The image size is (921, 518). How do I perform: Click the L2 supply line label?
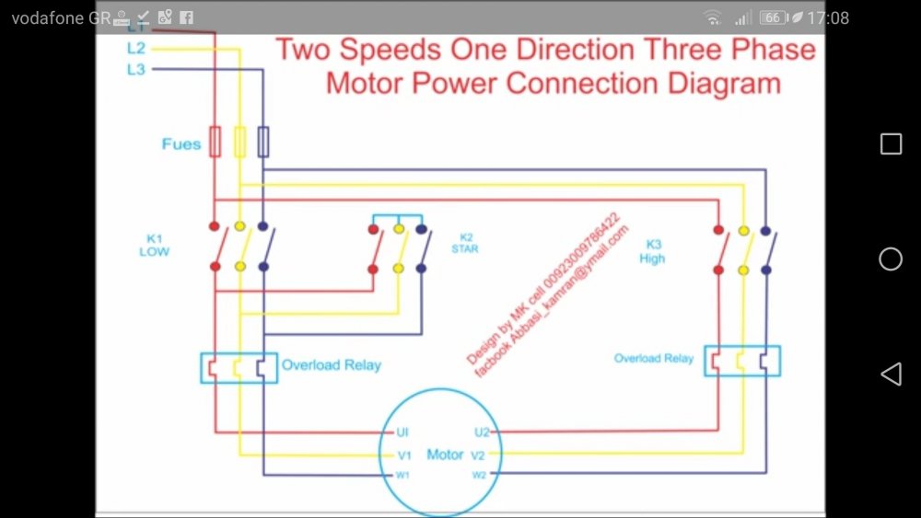point(136,49)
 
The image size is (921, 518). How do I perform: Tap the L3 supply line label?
point(136,69)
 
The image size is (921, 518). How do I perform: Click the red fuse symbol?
point(216,142)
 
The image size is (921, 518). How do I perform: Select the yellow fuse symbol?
point(239,142)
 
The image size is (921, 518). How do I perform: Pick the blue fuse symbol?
point(263,142)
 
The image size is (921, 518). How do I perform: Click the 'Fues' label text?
point(181,144)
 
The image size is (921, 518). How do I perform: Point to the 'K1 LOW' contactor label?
point(154,245)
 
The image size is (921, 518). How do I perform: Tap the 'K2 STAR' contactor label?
point(465,244)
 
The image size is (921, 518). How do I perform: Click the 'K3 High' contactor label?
point(652,251)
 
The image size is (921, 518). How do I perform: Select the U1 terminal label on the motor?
point(402,432)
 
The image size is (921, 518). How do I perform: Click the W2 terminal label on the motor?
point(479,475)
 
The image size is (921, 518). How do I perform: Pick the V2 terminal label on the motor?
point(478,455)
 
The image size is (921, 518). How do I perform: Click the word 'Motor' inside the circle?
point(445,455)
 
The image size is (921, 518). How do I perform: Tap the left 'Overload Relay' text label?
point(332,365)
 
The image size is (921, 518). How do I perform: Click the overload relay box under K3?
point(742,361)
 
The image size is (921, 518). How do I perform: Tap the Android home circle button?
point(891,259)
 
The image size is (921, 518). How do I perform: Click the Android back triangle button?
point(891,374)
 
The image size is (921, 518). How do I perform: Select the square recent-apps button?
point(891,144)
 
